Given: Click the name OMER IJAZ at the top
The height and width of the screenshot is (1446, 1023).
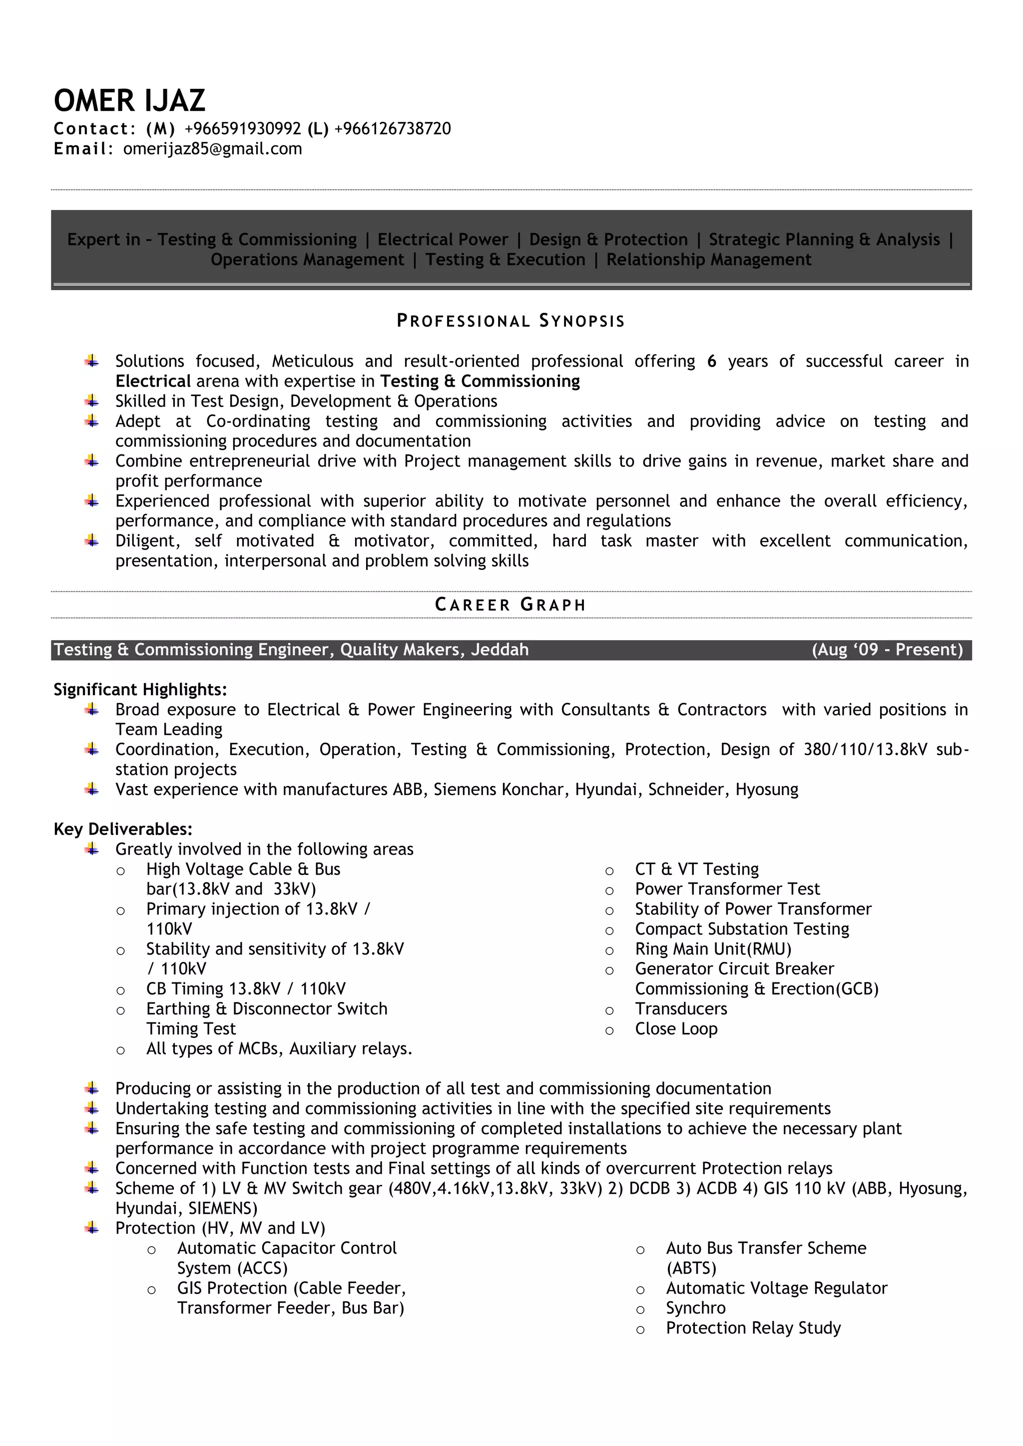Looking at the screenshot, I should (x=129, y=101).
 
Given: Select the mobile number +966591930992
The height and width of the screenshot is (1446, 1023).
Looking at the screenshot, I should (x=243, y=128).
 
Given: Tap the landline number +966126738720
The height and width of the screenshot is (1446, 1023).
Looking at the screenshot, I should (x=393, y=128).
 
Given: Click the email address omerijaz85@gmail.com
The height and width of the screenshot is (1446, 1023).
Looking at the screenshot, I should (x=212, y=149).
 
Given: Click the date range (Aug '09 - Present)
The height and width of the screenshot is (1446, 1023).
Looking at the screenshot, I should (x=887, y=650).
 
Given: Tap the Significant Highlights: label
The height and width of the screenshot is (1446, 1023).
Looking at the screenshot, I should (x=140, y=690).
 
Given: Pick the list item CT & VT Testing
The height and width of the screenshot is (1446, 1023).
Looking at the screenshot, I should (x=697, y=869).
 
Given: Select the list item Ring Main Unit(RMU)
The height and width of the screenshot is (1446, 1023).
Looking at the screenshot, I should (x=713, y=949).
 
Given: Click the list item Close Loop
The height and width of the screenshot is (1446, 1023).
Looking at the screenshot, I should (x=676, y=1029).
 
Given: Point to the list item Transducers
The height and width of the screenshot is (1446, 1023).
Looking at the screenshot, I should (x=681, y=1009).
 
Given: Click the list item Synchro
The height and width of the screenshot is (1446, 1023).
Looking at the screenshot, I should (x=695, y=1308).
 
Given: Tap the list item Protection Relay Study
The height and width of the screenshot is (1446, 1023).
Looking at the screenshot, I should (x=753, y=1328).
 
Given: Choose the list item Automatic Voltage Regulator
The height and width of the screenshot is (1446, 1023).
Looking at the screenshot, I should (x=776, y=1288).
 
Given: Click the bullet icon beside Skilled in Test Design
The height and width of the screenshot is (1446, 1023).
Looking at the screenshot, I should (x=92, y=401).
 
